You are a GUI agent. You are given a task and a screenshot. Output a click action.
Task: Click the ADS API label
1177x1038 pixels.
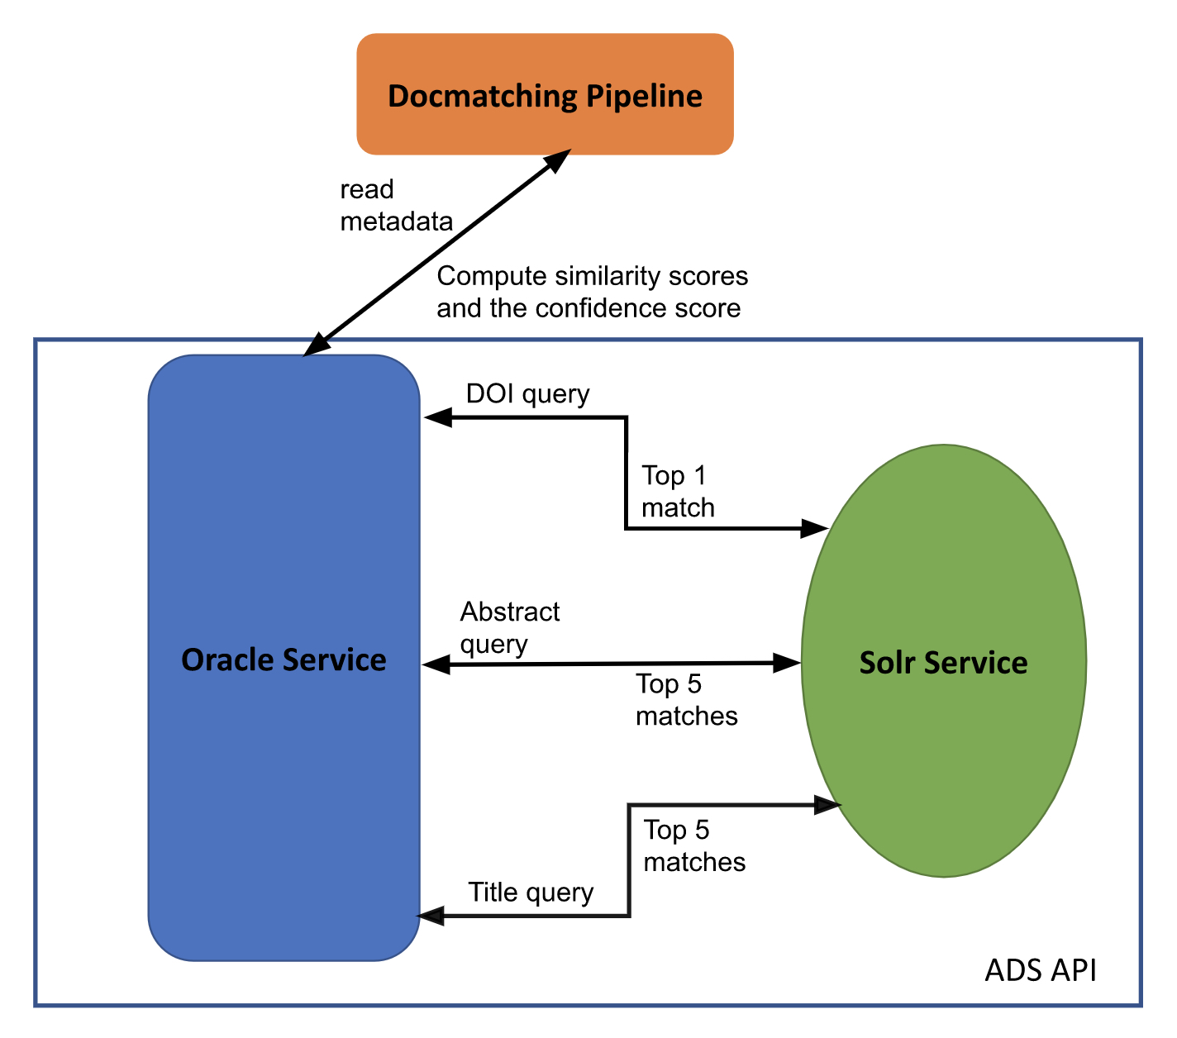[x=1040, y=970]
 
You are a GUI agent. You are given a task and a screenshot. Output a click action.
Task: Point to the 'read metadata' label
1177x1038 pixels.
[x=396, y=206]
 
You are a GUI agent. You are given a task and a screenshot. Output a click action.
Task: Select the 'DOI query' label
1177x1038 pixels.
[x=527, y=393]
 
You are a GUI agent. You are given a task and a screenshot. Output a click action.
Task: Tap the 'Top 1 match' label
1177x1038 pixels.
[x=678, y=492]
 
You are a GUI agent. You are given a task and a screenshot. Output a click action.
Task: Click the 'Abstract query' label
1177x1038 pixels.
[x=509, y=627]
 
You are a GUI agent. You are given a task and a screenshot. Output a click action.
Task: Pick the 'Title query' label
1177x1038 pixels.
[x=531, y=893]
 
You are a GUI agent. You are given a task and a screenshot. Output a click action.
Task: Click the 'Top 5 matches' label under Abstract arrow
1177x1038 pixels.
[x=686, y=700]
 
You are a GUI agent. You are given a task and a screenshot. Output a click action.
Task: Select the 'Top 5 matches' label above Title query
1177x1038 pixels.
[x=694, y=846]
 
